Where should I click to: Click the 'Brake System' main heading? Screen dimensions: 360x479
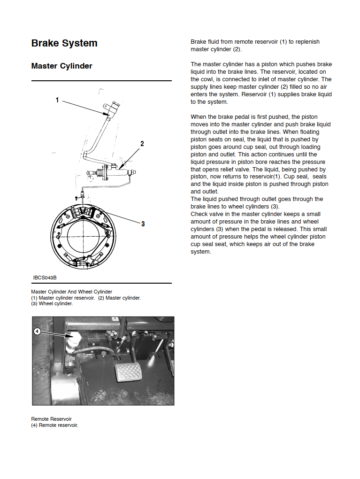64,43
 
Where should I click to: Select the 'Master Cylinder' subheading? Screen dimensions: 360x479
61,66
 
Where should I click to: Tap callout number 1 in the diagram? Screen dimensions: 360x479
57,100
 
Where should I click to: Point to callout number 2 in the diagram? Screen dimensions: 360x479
142,144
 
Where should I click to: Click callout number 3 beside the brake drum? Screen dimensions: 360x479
143,224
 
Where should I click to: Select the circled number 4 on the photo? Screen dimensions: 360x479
37,331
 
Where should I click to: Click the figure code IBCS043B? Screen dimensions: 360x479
45,278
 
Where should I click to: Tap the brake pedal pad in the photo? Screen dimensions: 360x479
128,372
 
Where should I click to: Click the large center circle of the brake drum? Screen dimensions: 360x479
83,236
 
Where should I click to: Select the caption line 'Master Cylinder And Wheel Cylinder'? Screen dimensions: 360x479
71,292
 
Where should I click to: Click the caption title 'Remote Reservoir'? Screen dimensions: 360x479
51,419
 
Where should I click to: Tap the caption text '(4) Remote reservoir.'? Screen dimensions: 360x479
54,425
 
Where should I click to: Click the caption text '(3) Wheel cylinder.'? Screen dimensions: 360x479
52,304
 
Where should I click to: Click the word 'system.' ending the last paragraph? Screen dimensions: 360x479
201,252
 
